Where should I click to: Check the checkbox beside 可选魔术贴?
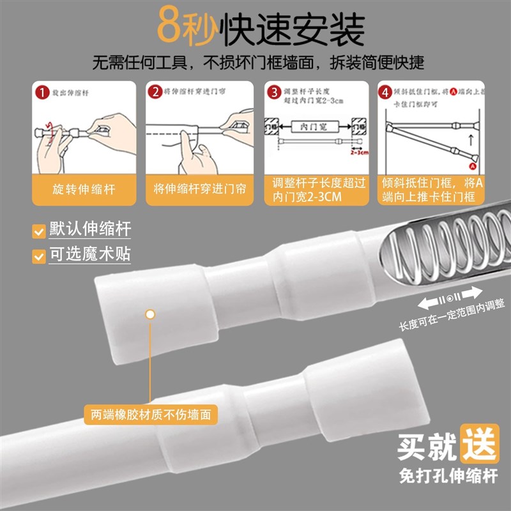coord(39,257)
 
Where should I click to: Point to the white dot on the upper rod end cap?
coord(150,314)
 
